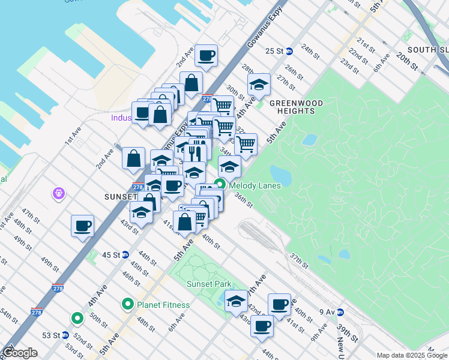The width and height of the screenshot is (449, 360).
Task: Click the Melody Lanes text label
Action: point(255,185)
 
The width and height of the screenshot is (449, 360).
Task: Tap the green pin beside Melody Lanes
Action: point(220,185)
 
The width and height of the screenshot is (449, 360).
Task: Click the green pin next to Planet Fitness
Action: point(127,305)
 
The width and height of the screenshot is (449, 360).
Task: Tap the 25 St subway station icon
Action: point(289,51)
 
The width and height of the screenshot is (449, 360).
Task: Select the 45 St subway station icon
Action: point(125,254)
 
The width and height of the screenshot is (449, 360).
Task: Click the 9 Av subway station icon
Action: point(340,311)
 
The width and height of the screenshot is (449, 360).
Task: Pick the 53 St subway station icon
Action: point(64,335)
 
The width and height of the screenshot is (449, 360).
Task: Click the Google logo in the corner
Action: point(20,353)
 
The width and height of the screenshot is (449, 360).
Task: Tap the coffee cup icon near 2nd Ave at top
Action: point(206,56)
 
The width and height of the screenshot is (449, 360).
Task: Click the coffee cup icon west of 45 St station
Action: point(82,226)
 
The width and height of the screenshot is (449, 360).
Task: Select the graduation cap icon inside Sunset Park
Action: point(236,301)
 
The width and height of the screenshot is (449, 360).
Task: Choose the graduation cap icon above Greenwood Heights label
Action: point(259,85)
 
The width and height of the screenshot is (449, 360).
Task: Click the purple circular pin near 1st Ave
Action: point(59,194)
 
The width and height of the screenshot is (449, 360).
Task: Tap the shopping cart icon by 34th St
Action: point(245,144)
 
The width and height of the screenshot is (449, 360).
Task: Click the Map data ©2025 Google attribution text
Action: point(412,355)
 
